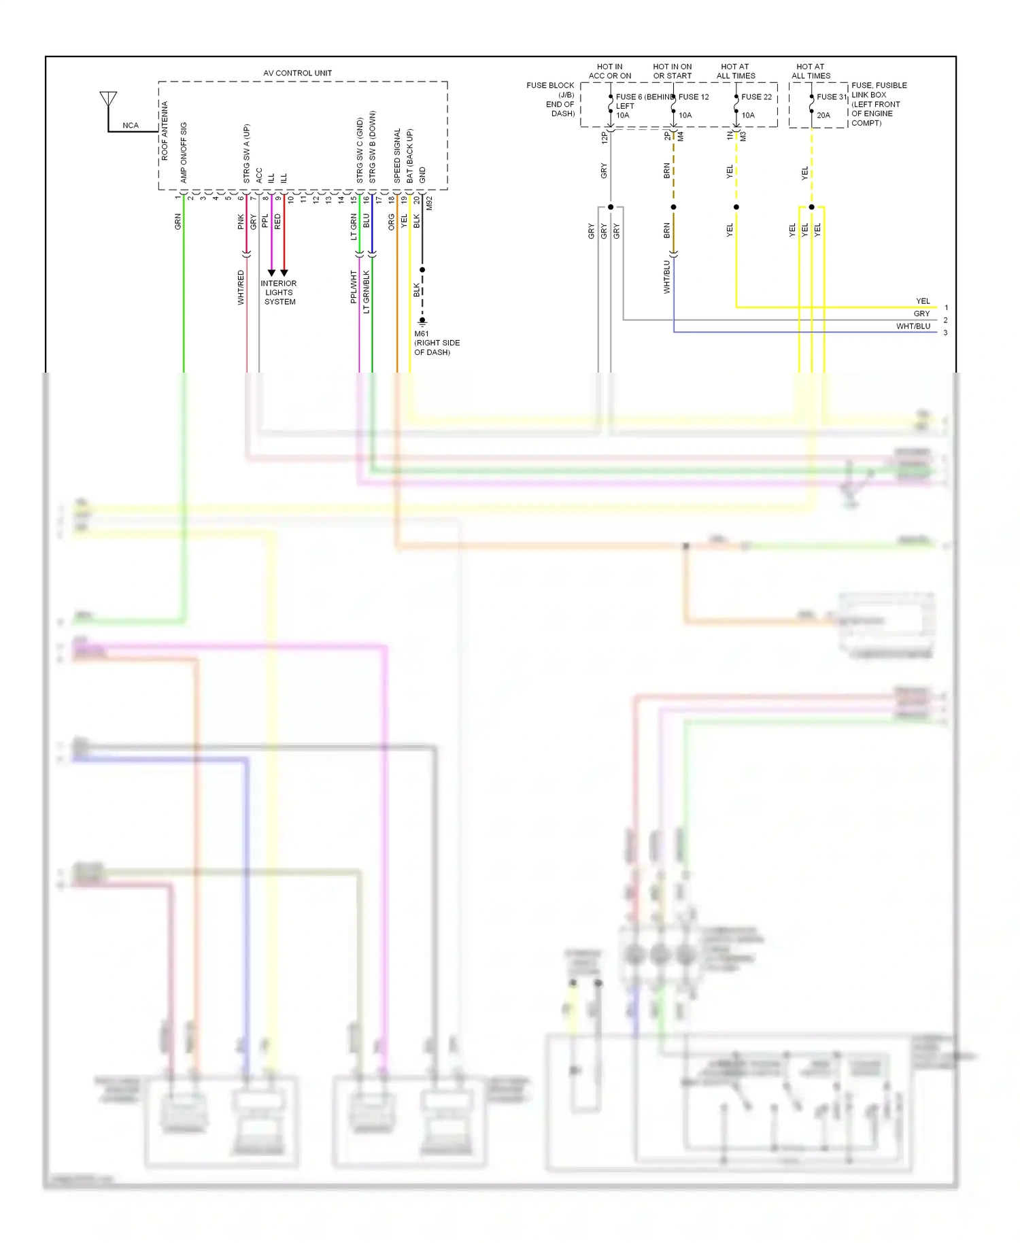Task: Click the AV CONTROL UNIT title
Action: [x=297, y=73]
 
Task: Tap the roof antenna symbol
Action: [x=108, y=100]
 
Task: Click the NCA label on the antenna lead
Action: [x=131, y=126]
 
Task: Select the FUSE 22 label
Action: [x=756, y=97]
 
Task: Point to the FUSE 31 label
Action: [x=831, y=97]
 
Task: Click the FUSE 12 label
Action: [x=694, y=97]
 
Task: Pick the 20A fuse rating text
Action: [x=823, y=116]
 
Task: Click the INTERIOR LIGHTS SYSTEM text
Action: [x=279, y=292]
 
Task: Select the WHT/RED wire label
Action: [x=241, y=287]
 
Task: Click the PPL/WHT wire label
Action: [x=354, y=286]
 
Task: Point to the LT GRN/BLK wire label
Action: [x=367, y=292]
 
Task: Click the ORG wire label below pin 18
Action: [x=392, y=222]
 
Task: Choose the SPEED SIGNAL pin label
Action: [x=398, y=156]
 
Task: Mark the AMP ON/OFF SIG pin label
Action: [x=184, y=152]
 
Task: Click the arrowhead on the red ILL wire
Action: [x=284, y=273]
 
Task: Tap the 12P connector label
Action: [x=605, y=137]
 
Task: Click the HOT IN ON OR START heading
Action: [x=672, y=71]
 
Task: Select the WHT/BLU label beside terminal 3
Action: [x=913, y=326]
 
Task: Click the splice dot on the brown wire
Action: [x=673, y=207]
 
